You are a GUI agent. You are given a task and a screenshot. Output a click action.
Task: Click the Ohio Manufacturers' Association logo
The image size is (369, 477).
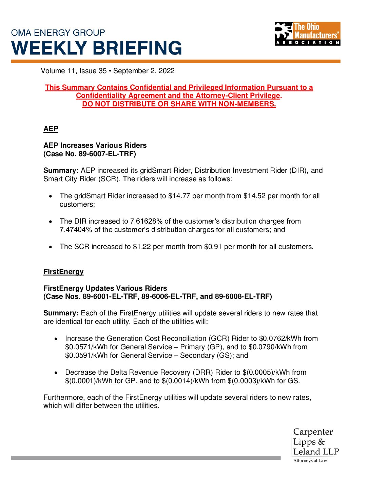[x=307, y=34]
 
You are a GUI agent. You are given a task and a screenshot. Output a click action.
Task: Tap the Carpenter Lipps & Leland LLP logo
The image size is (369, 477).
[x=315, y=445]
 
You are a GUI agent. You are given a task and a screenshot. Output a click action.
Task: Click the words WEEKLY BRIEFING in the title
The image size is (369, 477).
[x=97, y=48]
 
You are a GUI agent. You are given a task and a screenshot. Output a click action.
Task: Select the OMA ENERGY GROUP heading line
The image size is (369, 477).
[x=58, y=33]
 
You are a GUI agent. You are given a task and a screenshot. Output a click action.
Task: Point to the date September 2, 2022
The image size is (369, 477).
[x=144, y=71]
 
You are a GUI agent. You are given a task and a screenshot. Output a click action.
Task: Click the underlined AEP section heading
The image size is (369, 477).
[x=51, y=129]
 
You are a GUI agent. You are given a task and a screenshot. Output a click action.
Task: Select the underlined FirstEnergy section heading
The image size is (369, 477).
[x=63, y=272]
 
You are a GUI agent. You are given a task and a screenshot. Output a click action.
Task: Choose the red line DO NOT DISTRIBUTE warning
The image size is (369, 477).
[x=179, y=104]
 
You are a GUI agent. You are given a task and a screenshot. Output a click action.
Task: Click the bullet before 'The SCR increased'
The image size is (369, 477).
[x=51, y=247]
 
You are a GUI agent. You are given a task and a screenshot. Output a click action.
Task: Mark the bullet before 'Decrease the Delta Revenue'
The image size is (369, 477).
[x=56, y=373]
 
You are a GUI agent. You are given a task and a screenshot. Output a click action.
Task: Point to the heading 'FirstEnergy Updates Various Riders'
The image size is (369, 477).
[x=105, y=288]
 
